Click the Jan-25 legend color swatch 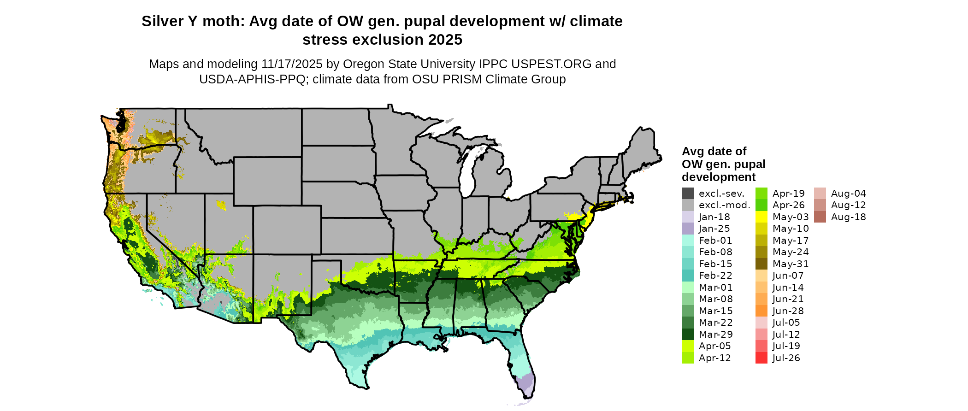coord(687,229)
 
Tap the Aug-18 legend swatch coord(820,217)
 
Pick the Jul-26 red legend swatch coord(761,358)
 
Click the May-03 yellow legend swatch coord(761,217)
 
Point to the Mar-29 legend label coord(715,335)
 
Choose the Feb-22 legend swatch coord(687,276)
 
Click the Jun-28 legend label coord(788,311)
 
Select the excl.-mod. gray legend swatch coord(687,205)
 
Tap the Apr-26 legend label coord(788,205)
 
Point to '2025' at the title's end coord(445,40)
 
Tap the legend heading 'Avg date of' coord(714,151)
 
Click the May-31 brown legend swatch coord(761,264)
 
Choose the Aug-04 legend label coord(848,194)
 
